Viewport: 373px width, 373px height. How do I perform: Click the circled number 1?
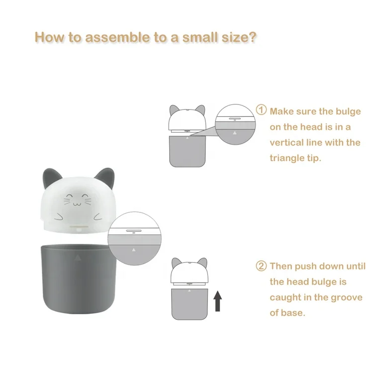pos(261,110)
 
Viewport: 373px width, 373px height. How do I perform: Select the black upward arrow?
pos(217,301)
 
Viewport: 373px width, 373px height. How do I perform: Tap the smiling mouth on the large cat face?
pos(76,203)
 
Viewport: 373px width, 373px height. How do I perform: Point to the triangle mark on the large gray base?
pos(77,258)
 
